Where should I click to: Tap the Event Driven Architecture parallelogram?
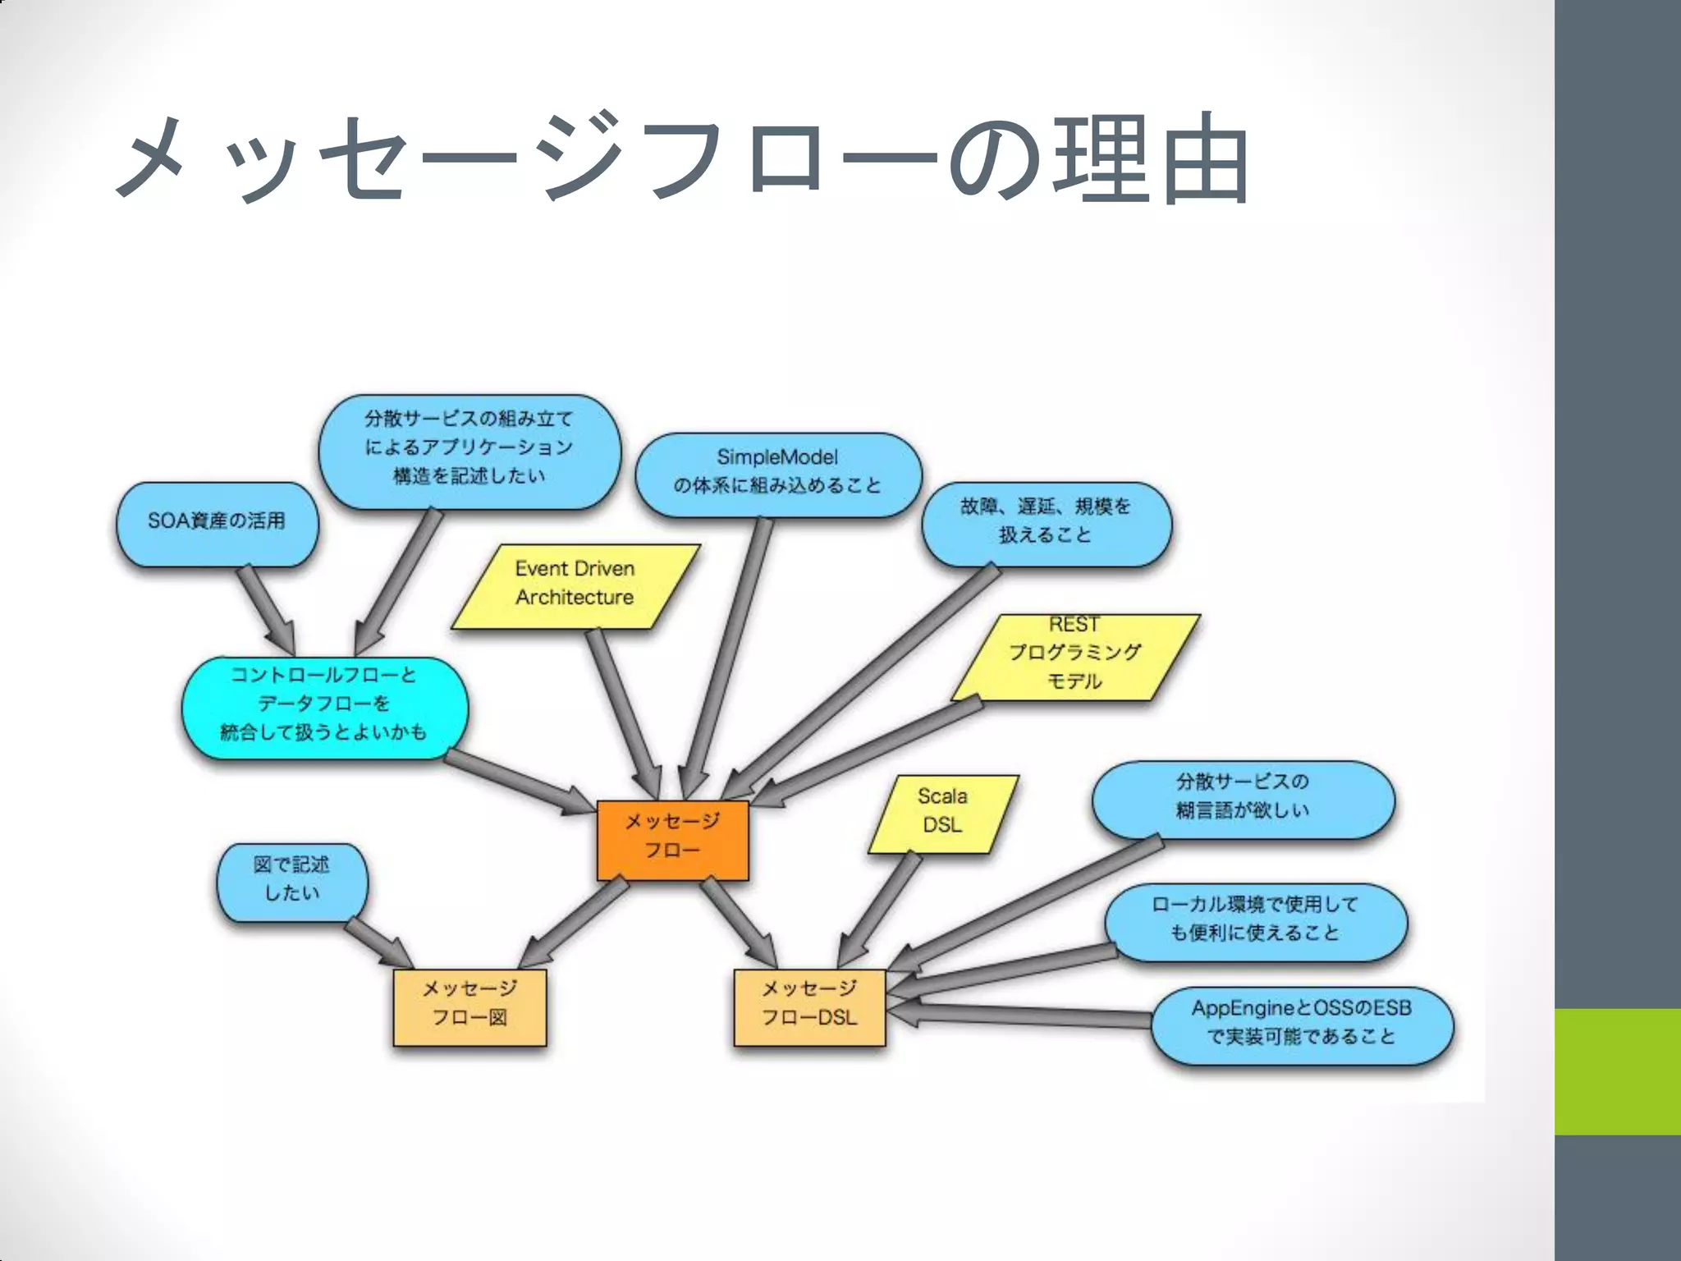pyautogui.click(x=575, y=585)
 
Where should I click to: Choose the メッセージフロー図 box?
pyautogui.click(x=469, y=1007)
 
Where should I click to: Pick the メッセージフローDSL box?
pyautogui.click(x=809, y=1007)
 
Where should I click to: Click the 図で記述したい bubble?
pyautogui.click(x=291, y=882)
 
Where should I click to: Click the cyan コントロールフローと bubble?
pyautogui.click(x=324, y=706)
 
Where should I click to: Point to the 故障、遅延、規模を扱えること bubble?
pyautogui.click(x=1046, y=523)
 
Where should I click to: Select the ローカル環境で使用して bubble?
pyautogui.click(x=1255, y=921)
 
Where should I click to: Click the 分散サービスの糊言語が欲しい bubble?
pyautogui.click(x=1243, y=799)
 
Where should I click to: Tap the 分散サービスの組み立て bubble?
pyautogui.click(x=469, y=451)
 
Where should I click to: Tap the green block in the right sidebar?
pyautogui.click(x=1617, y=1071)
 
